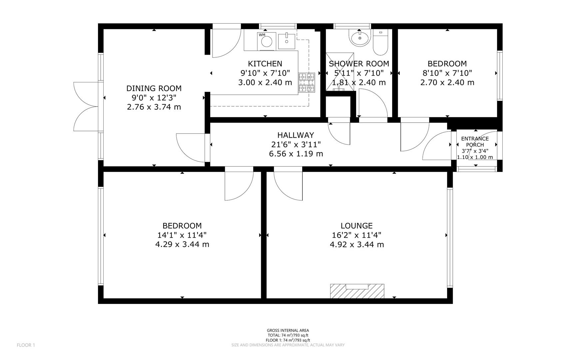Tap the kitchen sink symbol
(287, 41)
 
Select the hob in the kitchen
(306, 82)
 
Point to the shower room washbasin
(360, 38)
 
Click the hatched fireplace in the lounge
(357, 291)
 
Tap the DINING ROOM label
(154, 88)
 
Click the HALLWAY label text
(295, 135)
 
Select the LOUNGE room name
(356, 226)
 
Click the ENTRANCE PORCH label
(475, 142)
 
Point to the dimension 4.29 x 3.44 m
(182, 244)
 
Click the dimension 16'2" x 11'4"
(356, 235)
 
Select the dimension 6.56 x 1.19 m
(296, 154)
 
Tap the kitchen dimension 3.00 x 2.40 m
(265, 82)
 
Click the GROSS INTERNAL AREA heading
(288, 331)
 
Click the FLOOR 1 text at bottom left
(26, 345)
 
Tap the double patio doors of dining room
(86, 106)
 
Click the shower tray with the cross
(337, 72)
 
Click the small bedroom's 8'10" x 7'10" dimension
(447, 73)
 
